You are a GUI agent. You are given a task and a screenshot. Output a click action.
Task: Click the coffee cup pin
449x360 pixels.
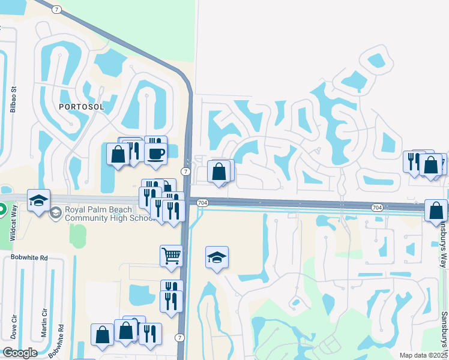156,154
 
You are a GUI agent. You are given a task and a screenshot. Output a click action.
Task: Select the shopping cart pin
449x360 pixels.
171,256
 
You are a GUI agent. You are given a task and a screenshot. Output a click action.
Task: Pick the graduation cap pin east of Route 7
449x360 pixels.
217,257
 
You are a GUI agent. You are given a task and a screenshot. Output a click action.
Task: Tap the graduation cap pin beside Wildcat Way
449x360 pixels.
38,200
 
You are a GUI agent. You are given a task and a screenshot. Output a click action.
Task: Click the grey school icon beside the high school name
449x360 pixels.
56,212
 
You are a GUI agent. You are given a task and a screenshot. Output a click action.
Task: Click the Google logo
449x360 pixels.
20,352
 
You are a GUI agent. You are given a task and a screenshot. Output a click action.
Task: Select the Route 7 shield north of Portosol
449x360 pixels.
56,10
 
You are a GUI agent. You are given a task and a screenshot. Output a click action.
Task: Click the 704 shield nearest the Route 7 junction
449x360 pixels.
202,203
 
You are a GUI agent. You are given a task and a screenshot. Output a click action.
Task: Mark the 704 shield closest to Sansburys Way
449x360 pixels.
377,208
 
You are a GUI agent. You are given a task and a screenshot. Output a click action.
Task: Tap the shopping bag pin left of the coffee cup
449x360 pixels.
118,154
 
